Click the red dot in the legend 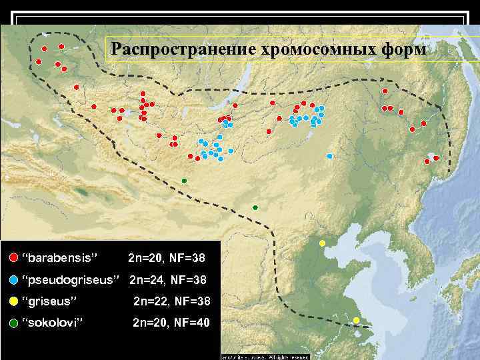point(13,258)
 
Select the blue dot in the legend point(13,279)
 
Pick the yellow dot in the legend point(13,301)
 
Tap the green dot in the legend point(13,323)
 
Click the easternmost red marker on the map point(436,158)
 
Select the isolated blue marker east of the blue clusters point(330,156)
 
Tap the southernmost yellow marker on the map point(356,321)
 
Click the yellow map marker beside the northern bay point(322,243)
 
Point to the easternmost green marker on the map point(255,208)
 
